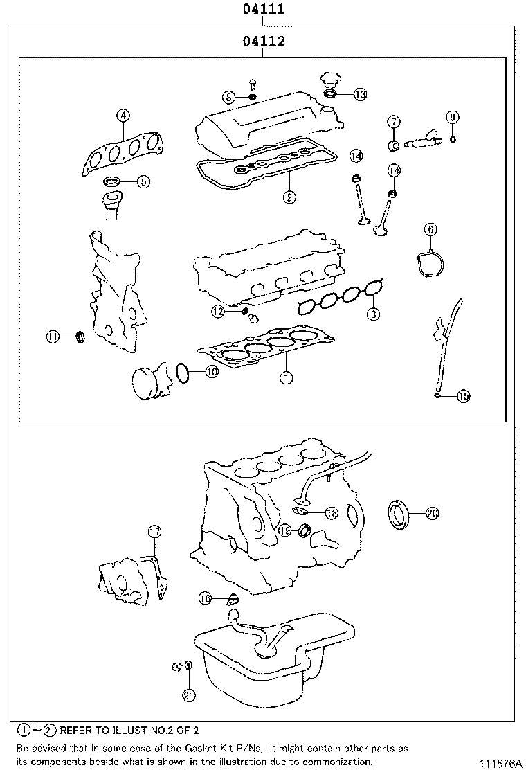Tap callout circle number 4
tap(123, 116)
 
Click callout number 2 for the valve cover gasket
tap(289, 197)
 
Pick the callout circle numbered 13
tap(360, 94)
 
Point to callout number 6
tap(430, 229)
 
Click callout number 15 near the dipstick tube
tap(463, 396)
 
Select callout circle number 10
tap(211, 372)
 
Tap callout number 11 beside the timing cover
tap(53, 337)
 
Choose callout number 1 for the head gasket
tap(285, 377)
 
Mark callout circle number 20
tap(433, 513)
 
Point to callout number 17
tap(154, 532)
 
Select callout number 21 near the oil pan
tap(188, 695)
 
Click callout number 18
tap(331, 512)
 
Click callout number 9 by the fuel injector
tap(452, 117)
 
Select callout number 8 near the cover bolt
tap(228, 96)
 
